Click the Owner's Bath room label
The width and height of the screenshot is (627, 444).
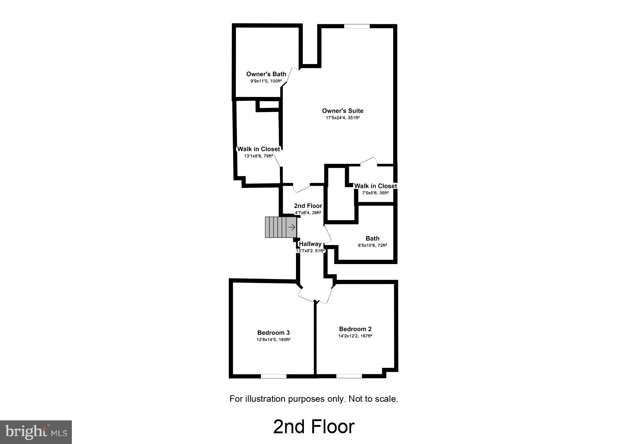pos(266,74)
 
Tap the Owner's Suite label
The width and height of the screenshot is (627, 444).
pos(342,111)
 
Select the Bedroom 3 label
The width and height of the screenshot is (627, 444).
pos(273,333)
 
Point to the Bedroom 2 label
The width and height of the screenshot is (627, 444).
pos(355,329)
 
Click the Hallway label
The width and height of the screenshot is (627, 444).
pos(310,244)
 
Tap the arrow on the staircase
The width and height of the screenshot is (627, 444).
pos(292,227)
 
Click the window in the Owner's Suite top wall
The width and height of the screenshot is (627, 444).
pos(357,26)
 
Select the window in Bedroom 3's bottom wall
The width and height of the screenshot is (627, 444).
pos(273,376)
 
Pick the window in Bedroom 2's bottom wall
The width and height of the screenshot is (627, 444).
pos(349,376)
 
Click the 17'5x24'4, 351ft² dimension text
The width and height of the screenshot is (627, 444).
pos(342,118)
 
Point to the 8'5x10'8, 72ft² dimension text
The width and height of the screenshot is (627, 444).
pos(372,245)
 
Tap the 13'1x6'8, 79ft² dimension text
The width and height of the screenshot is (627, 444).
pos(258,156)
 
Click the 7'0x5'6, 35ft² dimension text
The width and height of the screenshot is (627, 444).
pos(375,193)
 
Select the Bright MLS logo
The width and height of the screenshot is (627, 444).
pos(36,432)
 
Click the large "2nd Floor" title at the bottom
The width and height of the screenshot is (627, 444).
pos(313,426)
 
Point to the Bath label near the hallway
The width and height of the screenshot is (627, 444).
pos(372,239)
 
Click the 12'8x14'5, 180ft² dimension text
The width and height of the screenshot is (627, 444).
pos(273,340)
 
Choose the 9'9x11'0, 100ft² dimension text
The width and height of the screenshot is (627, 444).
pos(266,81)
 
